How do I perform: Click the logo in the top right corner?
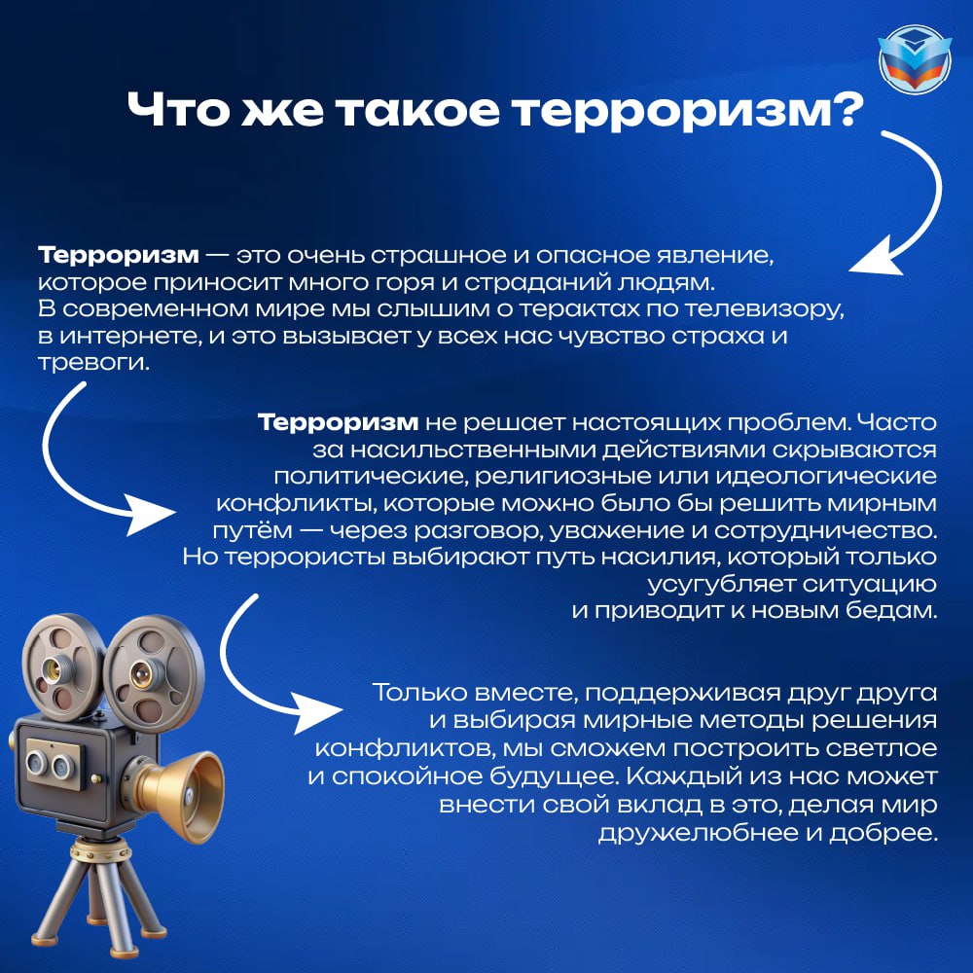click(915, 59)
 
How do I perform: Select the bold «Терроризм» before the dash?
click(119, 255)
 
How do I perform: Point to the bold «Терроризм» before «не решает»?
click(339, 422)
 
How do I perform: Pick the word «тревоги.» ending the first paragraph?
click(93, 362)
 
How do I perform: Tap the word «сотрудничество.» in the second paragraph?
click(825, 530)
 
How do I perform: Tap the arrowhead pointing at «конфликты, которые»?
click(148, 514)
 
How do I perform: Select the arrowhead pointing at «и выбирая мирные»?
click(316, 710)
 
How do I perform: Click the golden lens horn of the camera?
click(186, 794)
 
